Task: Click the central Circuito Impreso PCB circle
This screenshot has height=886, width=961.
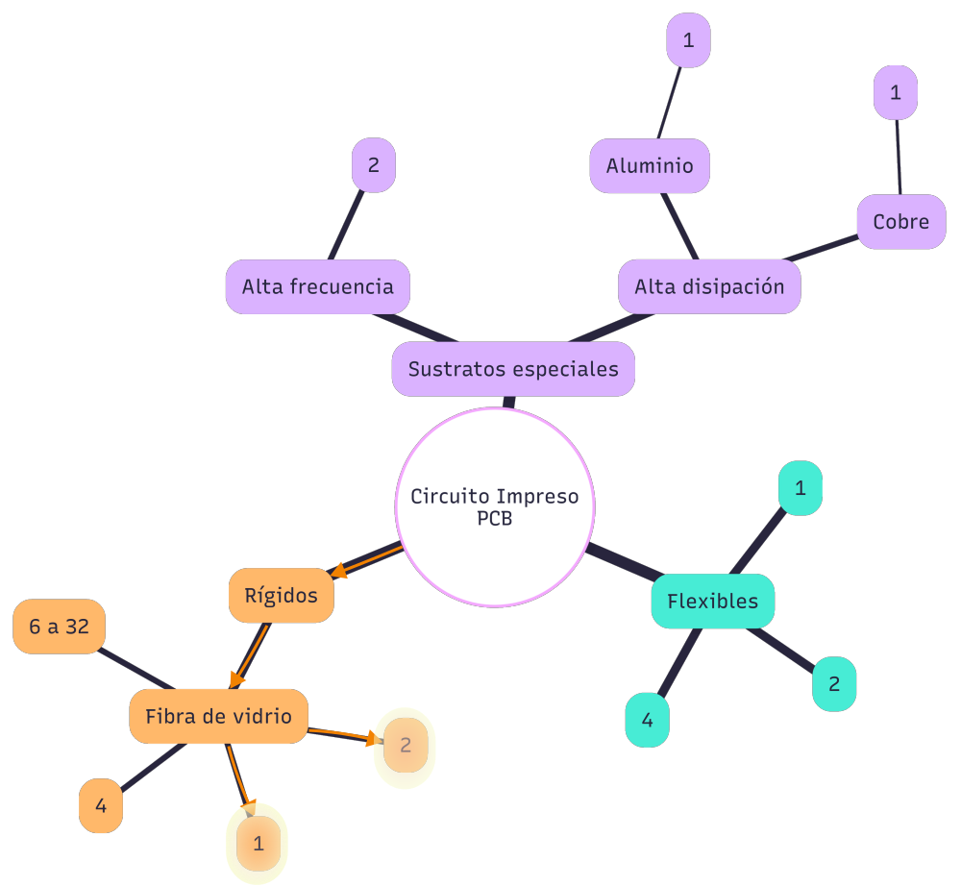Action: pyautogui.click(x=495, y=506)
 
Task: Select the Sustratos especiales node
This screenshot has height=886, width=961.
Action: pyautogui.click(x=513, y=369)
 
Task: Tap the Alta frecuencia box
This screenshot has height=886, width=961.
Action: pyautogui.click(x=317, y=286)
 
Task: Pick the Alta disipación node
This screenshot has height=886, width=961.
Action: pyautogui.click(x=709, y=286)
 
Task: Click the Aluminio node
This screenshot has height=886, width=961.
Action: pyautogui.click(x=650, y=165)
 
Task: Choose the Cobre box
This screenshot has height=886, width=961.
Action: pyautogui.click(x=901, y=222)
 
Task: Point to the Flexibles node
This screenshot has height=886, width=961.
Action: pyautogui.click(x=712, y=602)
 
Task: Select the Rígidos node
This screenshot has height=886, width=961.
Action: pyautogui.click(x=281, y=595)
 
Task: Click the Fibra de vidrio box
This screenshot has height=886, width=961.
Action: pyautogui.click(x=218, y=716)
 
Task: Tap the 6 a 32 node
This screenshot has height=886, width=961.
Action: pyautogui.click(x=59, y=628)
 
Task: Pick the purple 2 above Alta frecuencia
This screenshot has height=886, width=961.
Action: pyautogui.click(x=374, y=164)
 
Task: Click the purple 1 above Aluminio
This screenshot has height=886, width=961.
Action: pyautogui.click(x=688, y=40)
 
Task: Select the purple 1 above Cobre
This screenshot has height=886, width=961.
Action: pyautogui.click(x=896, y=93)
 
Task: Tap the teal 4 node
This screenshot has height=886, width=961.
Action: pyautogui.click(x=647, y=720)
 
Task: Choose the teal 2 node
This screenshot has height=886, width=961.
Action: pyautogui.click(x=834, y=684)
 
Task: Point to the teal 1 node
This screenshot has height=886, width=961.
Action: pyautogui.click(x=800, y=488)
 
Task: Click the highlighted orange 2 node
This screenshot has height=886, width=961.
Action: pyautogui.click(x=405, y=745)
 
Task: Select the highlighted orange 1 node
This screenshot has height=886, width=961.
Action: pyautogui.click(x=258, y=845)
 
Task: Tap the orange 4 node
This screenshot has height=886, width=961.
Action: pyautogui.click(x=101, y=805)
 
